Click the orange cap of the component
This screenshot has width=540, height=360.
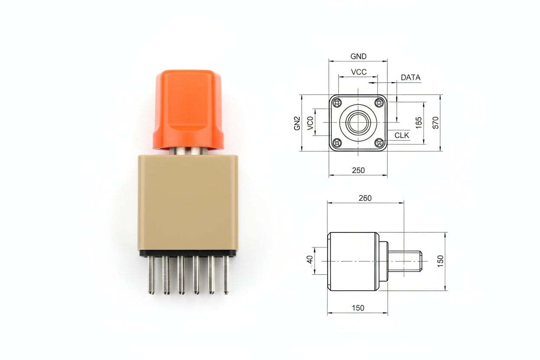click(188, 110)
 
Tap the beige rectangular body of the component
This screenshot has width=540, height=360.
click(188, 203)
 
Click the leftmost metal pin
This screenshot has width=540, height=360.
click(151, 275)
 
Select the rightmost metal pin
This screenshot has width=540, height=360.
click(226, 275)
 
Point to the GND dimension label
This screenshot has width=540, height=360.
click(358, 56)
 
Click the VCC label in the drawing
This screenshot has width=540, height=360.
click(359, 72)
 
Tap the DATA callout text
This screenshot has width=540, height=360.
click(411, 77)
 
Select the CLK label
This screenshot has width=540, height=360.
click(402, 135)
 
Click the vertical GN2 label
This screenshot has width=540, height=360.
click(297, 123)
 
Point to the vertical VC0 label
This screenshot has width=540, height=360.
click(310, 123)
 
